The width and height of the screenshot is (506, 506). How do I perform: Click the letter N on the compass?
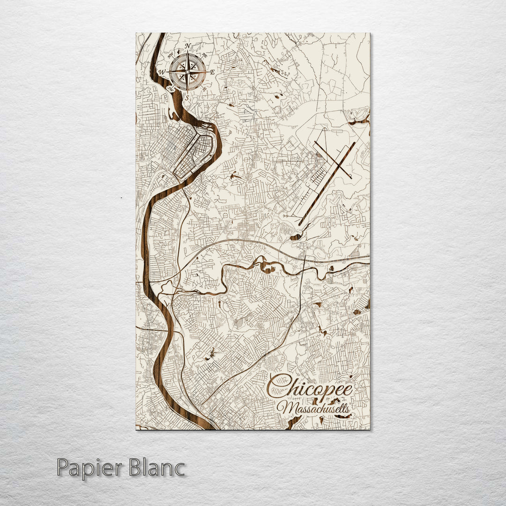[188, 46]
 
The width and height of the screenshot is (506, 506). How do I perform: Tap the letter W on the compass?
[162, 72]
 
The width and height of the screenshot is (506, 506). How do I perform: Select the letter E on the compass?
[212, 72]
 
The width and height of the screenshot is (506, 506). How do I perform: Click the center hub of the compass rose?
[187, 72]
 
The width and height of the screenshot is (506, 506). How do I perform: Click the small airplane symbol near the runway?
[285, 216]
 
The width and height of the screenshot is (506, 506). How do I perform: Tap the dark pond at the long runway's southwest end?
[296, 237]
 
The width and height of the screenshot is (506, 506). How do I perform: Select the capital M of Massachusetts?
[283, 408]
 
